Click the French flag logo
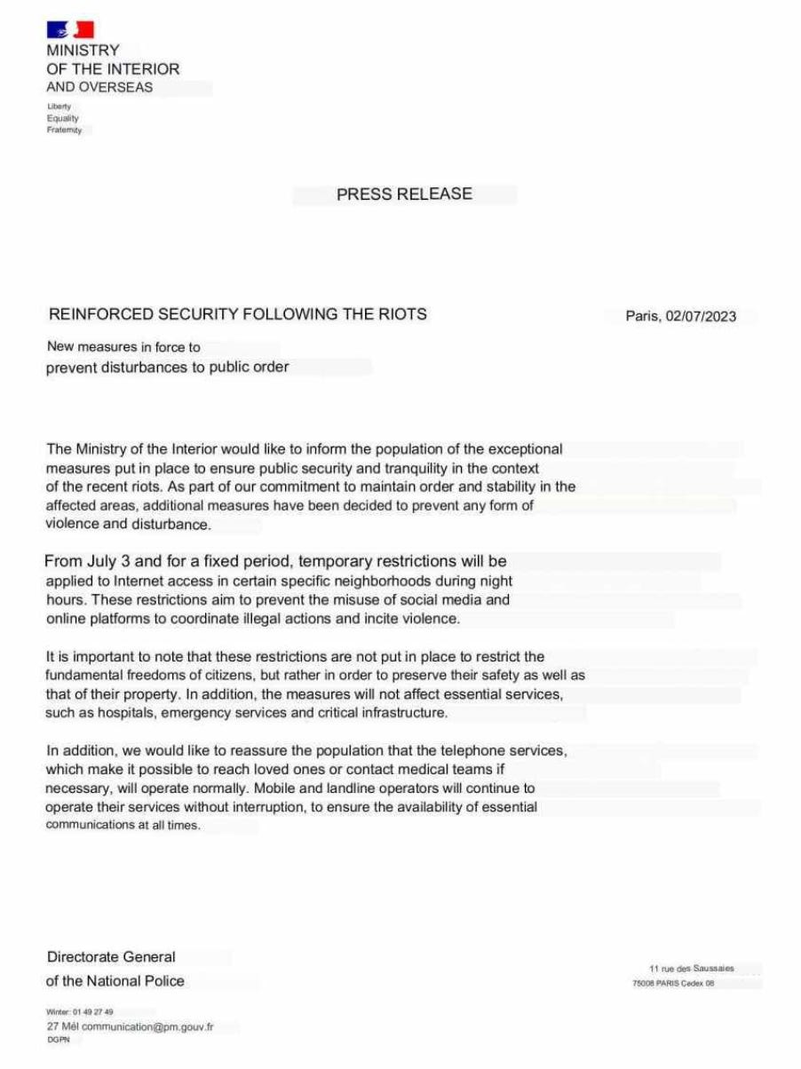(70, 30)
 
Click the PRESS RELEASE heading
(404, 194)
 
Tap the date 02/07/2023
(701, 316)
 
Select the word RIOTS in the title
(404, 313)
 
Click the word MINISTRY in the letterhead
(83, 51)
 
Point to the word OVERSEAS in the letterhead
(116, 87)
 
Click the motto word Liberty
(59, 107)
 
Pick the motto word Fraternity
(64, 130)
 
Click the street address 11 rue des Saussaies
(692, 968)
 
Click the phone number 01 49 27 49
(92, 1011)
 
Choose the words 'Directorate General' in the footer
(111, 957)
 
